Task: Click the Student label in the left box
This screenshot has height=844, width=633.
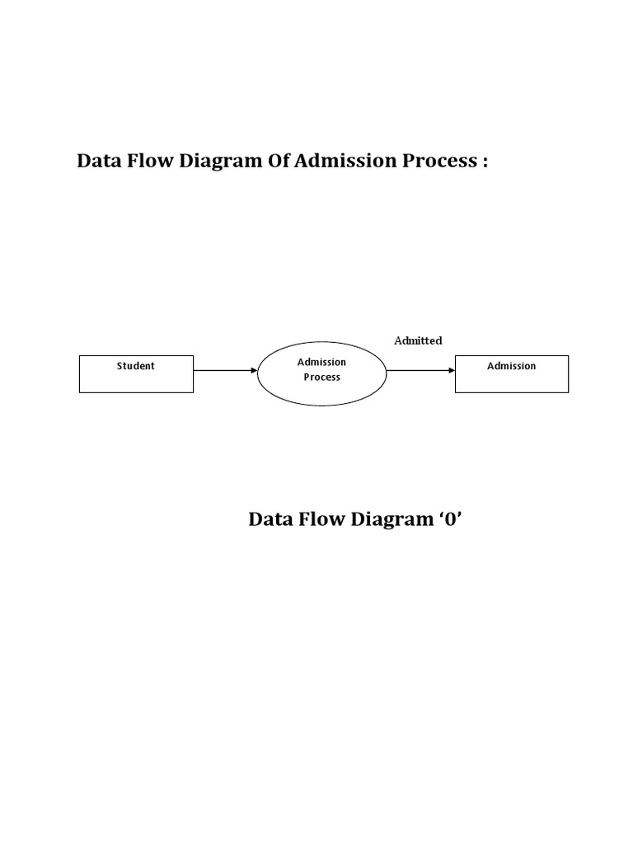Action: click(135, 366)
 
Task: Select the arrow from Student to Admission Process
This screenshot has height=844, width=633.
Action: click(224, 371)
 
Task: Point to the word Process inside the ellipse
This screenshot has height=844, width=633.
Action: click(321, 377)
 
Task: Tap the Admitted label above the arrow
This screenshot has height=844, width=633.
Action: click(418, 340)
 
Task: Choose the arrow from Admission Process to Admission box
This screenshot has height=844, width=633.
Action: click(419, 371)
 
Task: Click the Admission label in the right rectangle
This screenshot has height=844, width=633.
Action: click(511, 366)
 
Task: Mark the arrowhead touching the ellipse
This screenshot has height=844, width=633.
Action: click(254, 371)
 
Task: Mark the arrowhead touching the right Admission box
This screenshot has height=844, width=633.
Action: click(451, 371)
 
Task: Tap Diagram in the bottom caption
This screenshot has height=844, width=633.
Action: click(387, 521)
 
